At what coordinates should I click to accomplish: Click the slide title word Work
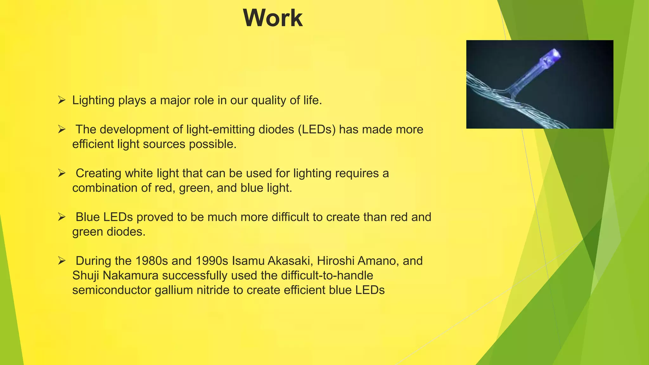pyautogui.click(x=273, y=18)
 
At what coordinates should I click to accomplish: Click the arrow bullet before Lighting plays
pyautogui.click(x=61, y=100)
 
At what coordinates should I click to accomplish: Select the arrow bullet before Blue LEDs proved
pyautogui.click(x=61, y=217)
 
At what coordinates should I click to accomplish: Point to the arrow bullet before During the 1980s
pyautogui.click(x=61, y=261)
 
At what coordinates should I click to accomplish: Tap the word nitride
pyautogui.click(x=213, y=290)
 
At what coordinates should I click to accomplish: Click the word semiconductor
pyautogui.click(x=112, y=290)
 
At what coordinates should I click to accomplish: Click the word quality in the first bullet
pyautogui.click(x=269, y=100)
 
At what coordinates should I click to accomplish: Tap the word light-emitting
pyautogui.click(x=221, y=130)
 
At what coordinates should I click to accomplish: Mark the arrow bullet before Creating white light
pyautogui.click(x=61, y=173)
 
